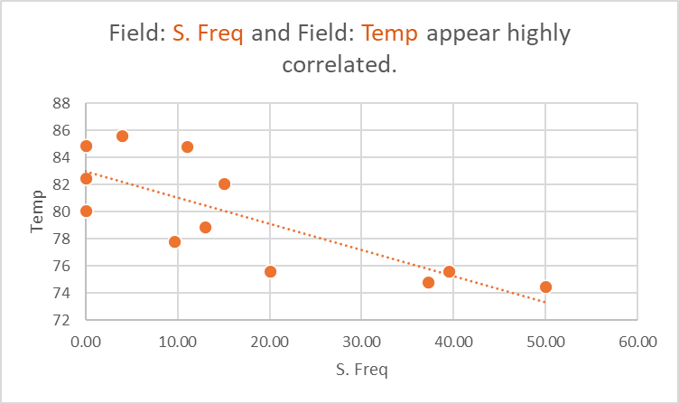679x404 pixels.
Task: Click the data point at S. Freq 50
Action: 545,287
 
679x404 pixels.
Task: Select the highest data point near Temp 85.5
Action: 122,136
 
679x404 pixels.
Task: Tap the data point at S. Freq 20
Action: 270,271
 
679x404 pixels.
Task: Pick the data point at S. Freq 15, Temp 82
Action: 224,184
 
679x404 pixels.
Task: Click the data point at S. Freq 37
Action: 428,283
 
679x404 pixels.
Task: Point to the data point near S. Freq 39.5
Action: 449,271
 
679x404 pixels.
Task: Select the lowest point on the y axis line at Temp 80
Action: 86,211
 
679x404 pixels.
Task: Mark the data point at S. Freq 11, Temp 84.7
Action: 187,146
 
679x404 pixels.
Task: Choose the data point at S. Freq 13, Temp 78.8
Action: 205,227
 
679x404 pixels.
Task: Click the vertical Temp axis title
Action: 37,211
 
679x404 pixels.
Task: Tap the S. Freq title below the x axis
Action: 361,371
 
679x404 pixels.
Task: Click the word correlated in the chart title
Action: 339,66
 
